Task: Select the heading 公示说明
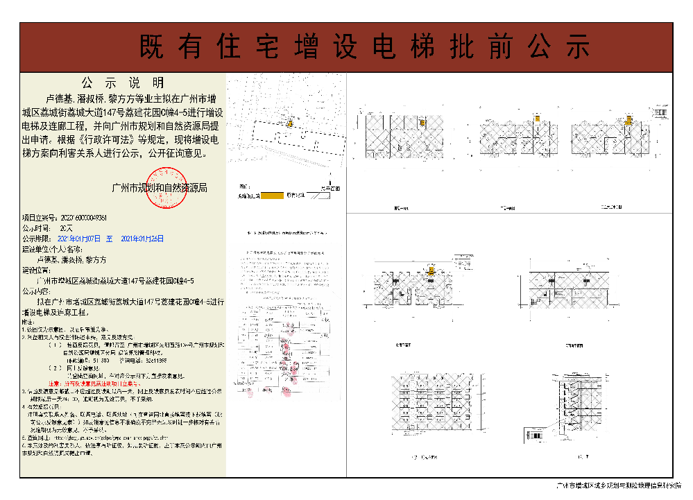tap(123, 82)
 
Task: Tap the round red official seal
tap(167, 188)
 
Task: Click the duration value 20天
tap(66, 227)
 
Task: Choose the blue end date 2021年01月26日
tap(143, 238)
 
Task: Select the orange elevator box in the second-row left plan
tap(431, 271)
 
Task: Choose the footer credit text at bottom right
tap(619, 488)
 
